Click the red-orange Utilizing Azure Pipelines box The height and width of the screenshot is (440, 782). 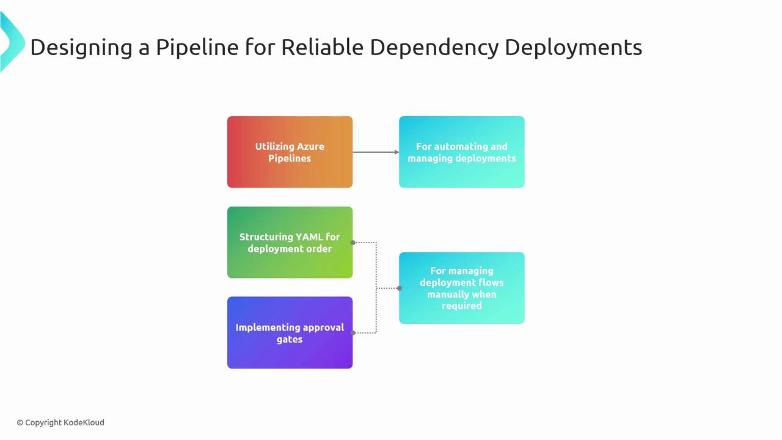[x=290, y=152]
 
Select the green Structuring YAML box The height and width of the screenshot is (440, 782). [x=290, y=243]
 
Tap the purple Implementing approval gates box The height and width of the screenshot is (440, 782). [x=290, y=333]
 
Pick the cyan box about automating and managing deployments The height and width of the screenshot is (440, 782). [x=461, y=152]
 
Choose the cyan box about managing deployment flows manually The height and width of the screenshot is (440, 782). [x=461, y=288]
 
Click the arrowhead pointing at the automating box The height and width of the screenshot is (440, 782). [x=396, y=152]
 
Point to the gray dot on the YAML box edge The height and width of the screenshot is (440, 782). [x=353, y=243]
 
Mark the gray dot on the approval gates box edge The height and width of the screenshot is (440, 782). [x=353, y=333]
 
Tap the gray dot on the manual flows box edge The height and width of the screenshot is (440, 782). [x=400, y=288]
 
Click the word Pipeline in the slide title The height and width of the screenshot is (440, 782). [x=197, y=48]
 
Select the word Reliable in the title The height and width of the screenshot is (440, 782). [x=322, y=47]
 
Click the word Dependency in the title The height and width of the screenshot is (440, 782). [x=434, y=48]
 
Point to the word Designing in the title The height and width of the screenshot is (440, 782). [x=81, y=48]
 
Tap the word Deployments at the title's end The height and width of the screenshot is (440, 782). [x=574, y=48]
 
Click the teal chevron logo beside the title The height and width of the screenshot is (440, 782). [x=13, y=42]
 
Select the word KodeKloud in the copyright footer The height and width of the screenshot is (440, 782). [x=84, y=422]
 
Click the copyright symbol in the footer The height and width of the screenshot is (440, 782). [x=20, y=423]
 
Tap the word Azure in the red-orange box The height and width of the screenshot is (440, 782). [x=310, y=147]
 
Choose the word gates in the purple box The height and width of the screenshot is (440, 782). [x=290, y=339]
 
